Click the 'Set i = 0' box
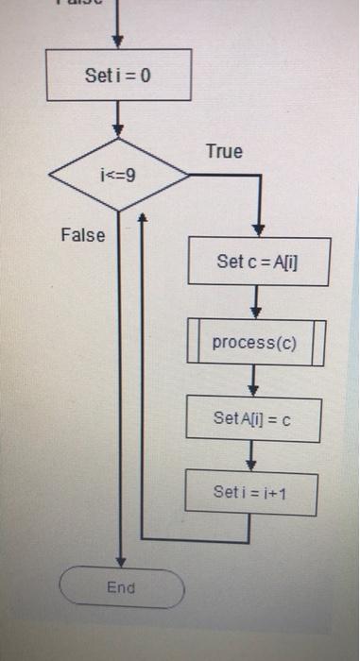click(118, 76)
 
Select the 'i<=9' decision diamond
click(118, 176)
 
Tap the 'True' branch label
click(223, 151)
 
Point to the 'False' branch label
click(82, 234)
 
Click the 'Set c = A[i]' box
click(259, 262)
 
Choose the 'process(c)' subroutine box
click(254, 343)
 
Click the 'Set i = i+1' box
click(250, 491)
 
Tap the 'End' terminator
click(122, 588)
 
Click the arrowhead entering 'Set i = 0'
click(119, 42)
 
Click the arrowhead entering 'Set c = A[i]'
click(259, 230)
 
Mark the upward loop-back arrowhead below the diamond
click(142, 217)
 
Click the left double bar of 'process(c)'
click(194, 343)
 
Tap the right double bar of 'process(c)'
click(317, 343)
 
